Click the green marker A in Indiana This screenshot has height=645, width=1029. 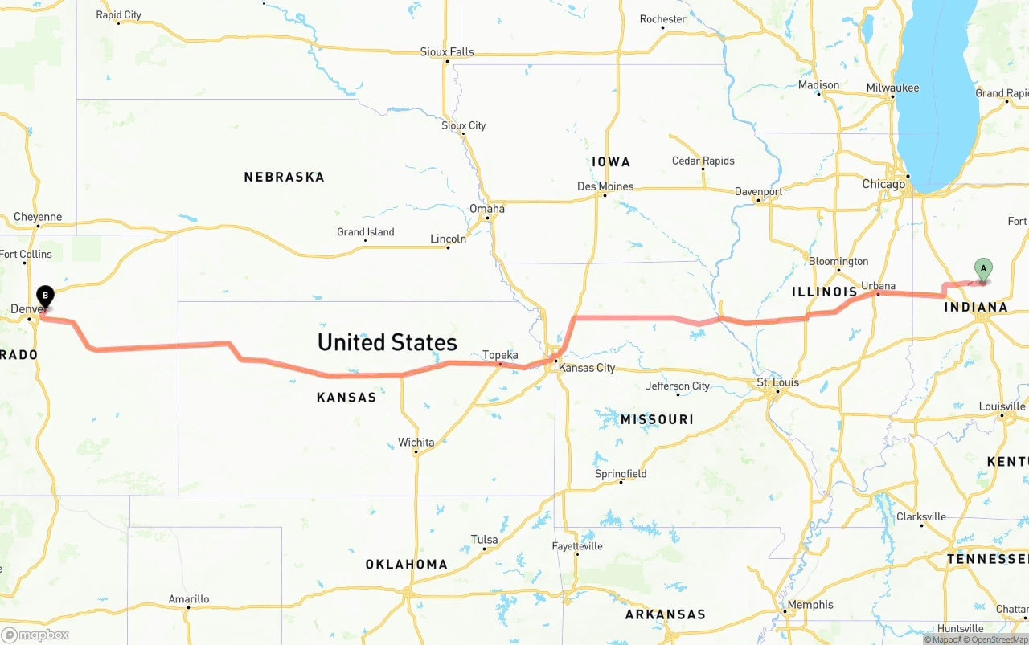coord(982,269)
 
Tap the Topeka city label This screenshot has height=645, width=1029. coord(500,355)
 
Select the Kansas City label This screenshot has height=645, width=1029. coord(587,368)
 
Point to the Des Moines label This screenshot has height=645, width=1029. coord(605,186)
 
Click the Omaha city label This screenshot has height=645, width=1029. coord(487,209)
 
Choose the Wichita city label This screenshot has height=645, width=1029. coord(416,443)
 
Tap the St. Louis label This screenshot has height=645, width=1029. coord(778,382)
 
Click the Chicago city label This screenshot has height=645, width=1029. coord(883,184)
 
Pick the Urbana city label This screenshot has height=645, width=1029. coord(878,286)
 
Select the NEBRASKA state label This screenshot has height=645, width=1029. coord(284,177)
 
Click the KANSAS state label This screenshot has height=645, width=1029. coord(346,397)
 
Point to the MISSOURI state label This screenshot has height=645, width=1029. coord(657,419)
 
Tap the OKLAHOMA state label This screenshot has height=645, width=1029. coord(406,565)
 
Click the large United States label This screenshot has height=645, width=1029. coord(387,342)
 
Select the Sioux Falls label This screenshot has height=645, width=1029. coord(447,52)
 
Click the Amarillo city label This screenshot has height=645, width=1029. coord(189,599)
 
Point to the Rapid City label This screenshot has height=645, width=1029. coord(118,15)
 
